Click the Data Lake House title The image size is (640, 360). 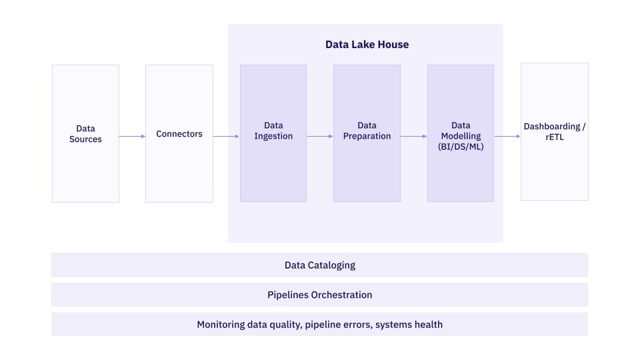pyautogui.click(x=367, y=45)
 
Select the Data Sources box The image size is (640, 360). pyautogui.click(x=85, y=133)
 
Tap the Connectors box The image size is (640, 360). pyautogui.click(x=179, y=133)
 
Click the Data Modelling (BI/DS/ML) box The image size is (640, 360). pyautogui.click(x=461, y=133)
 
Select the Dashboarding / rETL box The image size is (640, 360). pyautogui.click(x=554, y=131)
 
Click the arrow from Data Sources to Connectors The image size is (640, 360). pyautogui.click(x=132, y=137)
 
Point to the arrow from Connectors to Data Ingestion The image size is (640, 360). pyautogui.click(x=226, y=137)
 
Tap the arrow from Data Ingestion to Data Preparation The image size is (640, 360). pyautogui.click(x=320, y=137)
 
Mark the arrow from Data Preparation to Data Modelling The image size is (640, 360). pyautogui.click(x=414, y=137)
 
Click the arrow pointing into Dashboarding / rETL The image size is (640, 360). pyautogui.click(x=507, y=137)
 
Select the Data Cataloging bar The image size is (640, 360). pyautogui.click(x=319, y=265)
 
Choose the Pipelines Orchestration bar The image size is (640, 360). pyautogui.click(x=319, y=295)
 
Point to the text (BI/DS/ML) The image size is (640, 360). pyautogui.click(x=461, y=147)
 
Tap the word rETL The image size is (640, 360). pyautogui.click(x=554, y=138)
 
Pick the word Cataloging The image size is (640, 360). pyautogui.click(x=331, y=265)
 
